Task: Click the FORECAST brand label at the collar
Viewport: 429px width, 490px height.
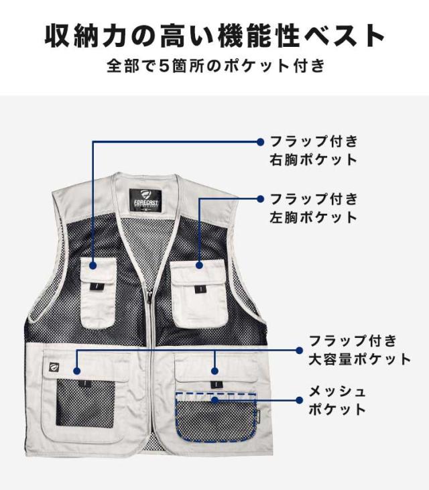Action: (145, 201)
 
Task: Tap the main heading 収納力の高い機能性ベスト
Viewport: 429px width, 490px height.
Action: (214, 36)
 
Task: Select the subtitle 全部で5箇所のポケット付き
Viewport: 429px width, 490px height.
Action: (216, 66)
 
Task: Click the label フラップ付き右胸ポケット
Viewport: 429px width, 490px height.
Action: (314, 151)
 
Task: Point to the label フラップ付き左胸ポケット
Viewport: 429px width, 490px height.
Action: (314, 208)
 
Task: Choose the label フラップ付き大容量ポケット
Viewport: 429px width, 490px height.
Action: (360, 350)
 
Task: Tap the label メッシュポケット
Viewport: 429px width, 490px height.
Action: (337, 400)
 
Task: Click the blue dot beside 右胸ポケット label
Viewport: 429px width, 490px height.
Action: (260, 142)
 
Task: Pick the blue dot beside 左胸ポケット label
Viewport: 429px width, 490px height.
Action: (260, 199)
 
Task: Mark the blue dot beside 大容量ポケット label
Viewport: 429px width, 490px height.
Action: (300, 351)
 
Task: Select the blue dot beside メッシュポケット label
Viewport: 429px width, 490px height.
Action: (300, 400)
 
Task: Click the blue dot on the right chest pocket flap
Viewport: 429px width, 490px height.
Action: (93, 265)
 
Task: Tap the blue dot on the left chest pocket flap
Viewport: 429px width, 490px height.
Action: (199, 265)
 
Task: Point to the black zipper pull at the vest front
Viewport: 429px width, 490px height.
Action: (149, 296)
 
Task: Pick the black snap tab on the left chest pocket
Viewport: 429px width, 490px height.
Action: (198, 290)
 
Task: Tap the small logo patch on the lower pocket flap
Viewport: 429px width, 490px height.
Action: (55, 366)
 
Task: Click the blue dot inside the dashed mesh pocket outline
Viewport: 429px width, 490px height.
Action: (214, 400)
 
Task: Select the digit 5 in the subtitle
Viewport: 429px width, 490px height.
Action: (164, 66)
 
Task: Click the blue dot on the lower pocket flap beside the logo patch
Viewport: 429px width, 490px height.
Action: (77, 371)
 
